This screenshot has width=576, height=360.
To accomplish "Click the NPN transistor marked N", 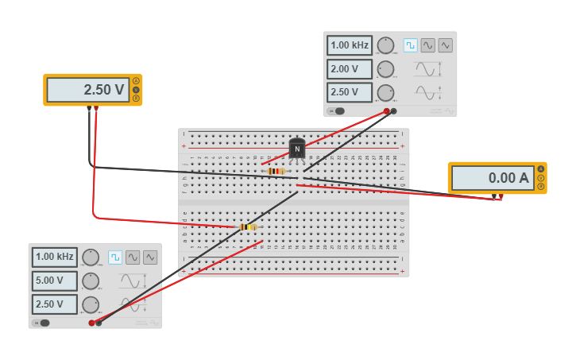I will (297, 149).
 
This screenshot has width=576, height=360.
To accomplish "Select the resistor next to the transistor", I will (276, 171).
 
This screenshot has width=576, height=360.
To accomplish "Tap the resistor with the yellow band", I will (248, 226).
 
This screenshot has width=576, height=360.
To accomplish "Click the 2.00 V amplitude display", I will (350, 69).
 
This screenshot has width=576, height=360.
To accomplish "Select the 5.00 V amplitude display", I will (55, 281).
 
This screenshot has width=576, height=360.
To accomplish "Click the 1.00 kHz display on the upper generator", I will (350, 45).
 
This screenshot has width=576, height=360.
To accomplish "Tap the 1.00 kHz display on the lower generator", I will (55, 257).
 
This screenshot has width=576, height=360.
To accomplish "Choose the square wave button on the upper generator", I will (410, 45).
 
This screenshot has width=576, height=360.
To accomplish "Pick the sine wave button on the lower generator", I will (133, 257).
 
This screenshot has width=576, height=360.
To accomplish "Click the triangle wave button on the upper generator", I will (445, 45).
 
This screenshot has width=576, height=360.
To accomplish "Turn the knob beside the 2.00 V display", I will (385, 69).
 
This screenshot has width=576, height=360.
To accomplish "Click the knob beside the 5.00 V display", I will (91, 281).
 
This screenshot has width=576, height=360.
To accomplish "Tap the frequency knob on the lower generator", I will (91, 257).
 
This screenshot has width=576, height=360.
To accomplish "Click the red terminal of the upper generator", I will (386, 111).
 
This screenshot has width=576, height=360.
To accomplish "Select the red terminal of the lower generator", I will (91, 323).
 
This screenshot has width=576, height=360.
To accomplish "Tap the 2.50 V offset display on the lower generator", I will (55, 304).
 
